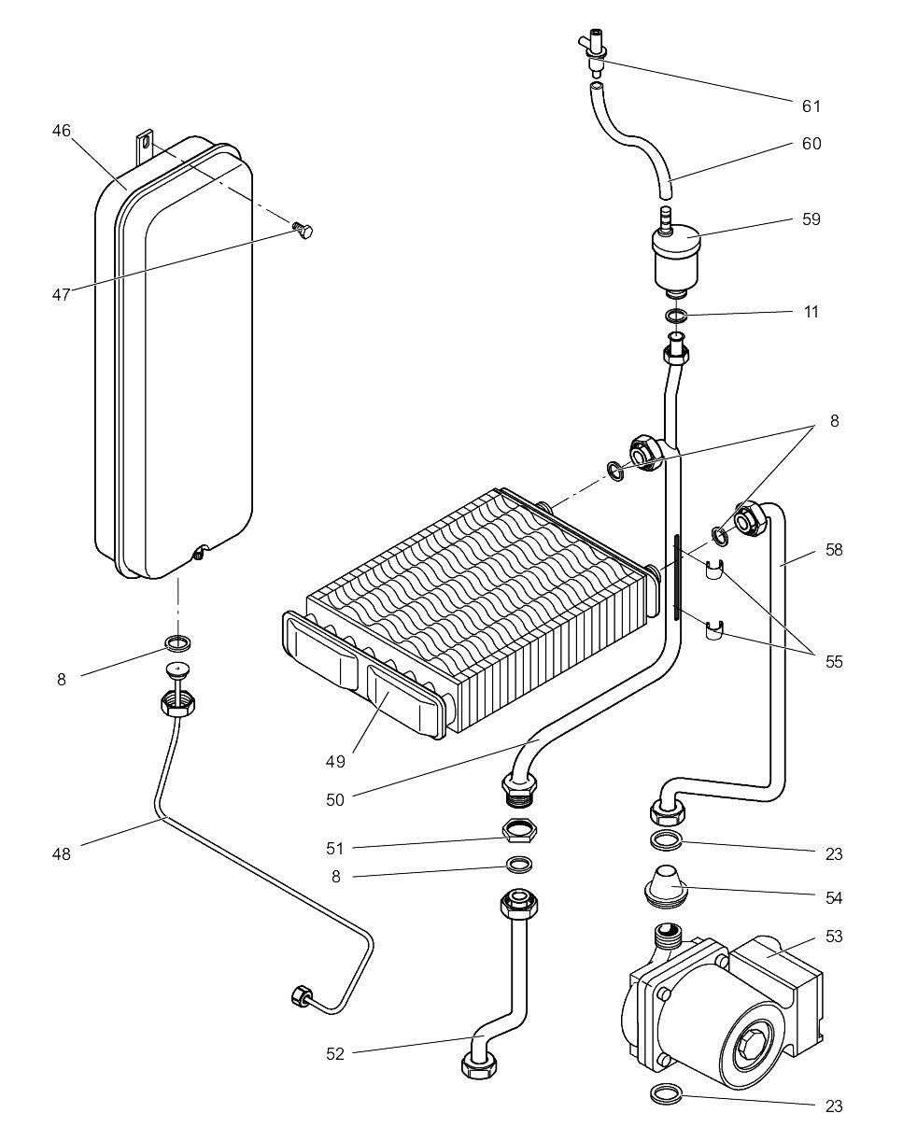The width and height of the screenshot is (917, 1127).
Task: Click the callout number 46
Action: tap(61, 132)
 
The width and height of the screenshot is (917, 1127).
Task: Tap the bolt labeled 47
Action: tap(301, 231)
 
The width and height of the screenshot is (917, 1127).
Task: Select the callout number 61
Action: tap(811, 106)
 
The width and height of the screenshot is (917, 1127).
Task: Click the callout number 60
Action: tap(811, 144)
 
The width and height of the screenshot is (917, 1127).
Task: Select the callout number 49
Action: tap(334, 761)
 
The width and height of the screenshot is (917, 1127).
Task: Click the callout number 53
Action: tap(834, 936)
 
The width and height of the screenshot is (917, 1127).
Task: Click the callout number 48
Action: tap(62, 852)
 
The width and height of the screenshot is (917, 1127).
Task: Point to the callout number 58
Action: tap(834, 550)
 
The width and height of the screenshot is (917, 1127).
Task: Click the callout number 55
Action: tap(834, 661)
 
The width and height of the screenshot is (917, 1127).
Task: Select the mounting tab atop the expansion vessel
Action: tap(144, 143)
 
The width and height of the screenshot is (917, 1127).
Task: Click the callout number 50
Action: tap(334, 799)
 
